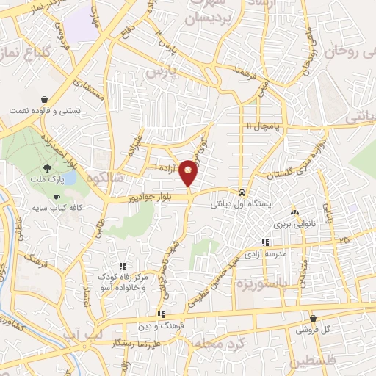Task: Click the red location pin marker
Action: (189, 171)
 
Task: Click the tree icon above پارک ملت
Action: (48, 168)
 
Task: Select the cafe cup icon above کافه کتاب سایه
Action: (57, 197)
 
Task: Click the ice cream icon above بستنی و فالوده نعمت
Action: (44, 99)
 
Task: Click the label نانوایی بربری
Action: (294, 224)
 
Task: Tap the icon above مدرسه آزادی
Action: (264, 242)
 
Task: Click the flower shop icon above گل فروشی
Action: (314, 319)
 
